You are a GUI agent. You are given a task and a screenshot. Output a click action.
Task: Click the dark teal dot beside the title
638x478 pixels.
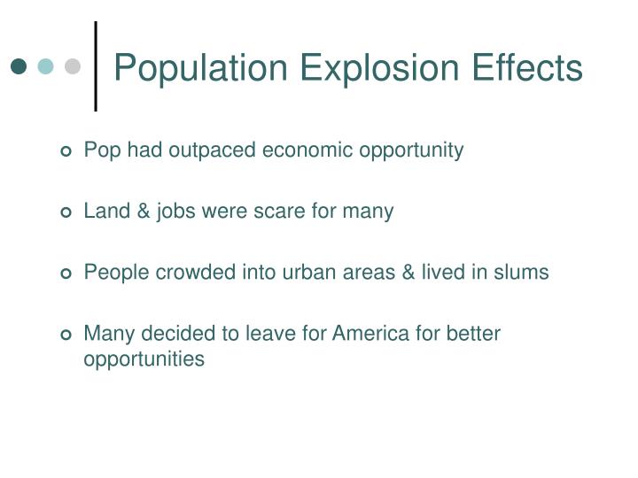pos(19,66)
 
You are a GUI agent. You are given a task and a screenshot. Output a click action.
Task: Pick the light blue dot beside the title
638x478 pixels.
pos(46,66)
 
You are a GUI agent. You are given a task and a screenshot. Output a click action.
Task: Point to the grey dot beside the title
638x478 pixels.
pos(73,66)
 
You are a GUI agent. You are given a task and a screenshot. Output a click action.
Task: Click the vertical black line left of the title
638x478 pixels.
pos(96,66)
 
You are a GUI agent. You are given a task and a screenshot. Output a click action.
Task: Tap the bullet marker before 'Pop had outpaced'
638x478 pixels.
pos(66,151)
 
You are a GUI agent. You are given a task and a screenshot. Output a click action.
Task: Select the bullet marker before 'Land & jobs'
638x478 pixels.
pos(66,212)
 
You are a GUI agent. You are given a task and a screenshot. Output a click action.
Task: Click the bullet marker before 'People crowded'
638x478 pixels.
pos(66,274)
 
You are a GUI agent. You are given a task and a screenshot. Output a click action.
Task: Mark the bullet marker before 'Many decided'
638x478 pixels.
pos(66,335)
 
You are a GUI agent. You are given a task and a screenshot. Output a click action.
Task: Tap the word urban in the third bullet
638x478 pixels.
pos(307,273)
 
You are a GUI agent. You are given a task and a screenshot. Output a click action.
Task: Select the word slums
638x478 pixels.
pos(523,273)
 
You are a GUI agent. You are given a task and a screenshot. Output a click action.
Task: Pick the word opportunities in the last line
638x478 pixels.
pos(144,359)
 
